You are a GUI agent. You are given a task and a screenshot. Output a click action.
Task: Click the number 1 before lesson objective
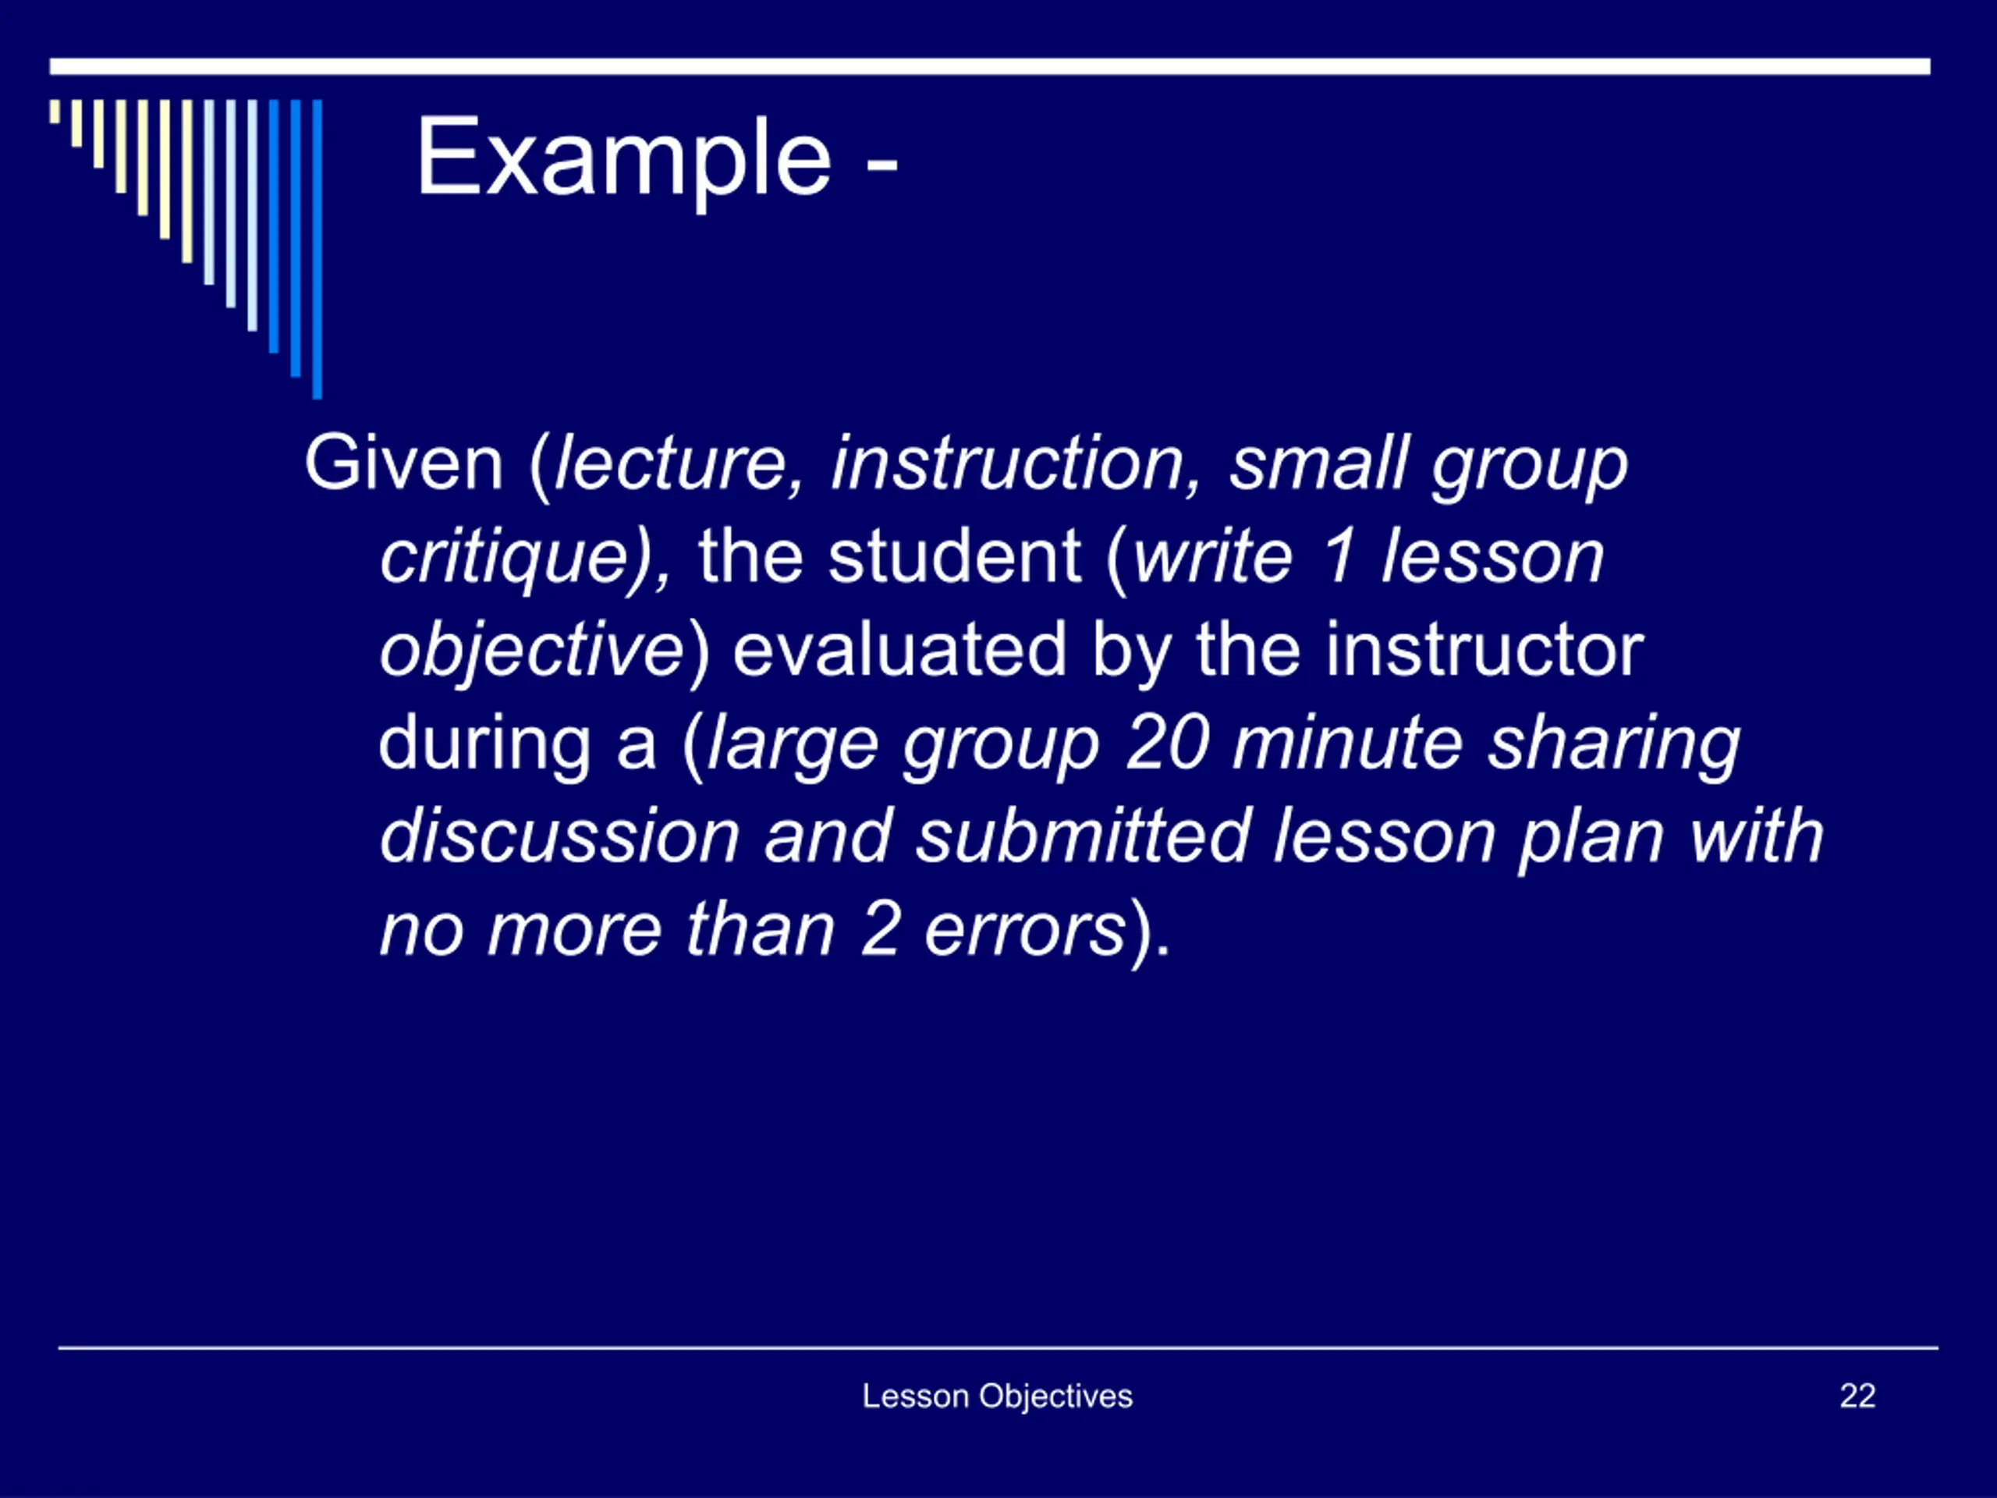coord(1338,557)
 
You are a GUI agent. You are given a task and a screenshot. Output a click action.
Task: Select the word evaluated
coord(899,650)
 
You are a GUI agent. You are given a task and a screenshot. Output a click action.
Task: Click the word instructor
coord(1484,650)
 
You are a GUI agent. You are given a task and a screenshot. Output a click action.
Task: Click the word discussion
coord(560,836)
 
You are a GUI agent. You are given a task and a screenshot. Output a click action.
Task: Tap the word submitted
coord(1083,836)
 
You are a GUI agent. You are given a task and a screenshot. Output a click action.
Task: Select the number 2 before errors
coord(879,930)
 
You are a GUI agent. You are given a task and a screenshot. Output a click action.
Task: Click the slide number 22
coord(1858,1396)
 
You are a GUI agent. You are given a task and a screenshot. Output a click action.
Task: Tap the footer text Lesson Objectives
coord(998,1397)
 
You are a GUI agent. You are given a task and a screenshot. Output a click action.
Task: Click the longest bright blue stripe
coord(317,249)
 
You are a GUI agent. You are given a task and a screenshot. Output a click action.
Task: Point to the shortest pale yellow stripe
coord(55,111)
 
